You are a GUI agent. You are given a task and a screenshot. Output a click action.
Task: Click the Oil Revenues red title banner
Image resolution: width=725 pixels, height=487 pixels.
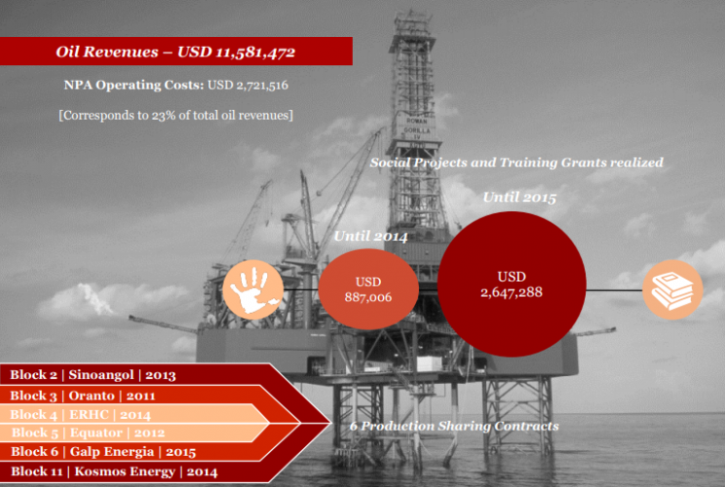(176, 52)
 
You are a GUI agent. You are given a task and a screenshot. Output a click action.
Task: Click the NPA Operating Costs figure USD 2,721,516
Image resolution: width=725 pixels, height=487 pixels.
(248, 86)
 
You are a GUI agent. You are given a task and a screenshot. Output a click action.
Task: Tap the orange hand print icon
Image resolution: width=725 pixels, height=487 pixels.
(253, 290)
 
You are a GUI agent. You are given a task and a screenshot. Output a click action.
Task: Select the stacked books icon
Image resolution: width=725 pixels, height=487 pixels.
(673, 290)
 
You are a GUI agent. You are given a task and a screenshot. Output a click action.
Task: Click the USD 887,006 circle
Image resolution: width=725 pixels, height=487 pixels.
(368, 289)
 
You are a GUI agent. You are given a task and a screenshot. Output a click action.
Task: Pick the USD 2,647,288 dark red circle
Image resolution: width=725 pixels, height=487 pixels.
(512, 284)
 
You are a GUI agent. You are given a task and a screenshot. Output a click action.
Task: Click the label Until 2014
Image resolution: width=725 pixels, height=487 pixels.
(371, 236)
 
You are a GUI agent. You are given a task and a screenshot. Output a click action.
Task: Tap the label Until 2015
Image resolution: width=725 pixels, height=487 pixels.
(519, 197)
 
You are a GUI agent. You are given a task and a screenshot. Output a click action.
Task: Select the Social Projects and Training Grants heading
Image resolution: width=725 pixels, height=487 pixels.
(516, 162)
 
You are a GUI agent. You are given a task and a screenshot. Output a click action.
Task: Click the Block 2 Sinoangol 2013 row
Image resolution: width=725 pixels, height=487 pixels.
(93, 374)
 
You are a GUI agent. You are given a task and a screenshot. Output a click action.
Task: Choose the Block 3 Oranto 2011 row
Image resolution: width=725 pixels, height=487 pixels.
(83, 396)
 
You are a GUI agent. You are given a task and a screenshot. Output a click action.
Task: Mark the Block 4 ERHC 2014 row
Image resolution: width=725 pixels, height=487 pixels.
(81, 414)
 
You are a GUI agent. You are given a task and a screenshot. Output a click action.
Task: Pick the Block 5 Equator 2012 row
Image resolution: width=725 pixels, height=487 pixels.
(87, 433)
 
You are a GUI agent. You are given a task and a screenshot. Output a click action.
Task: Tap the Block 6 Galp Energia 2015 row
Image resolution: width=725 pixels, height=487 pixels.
(103, 451)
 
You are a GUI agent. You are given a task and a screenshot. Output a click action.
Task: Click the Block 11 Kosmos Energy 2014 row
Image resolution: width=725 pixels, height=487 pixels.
(114, 471)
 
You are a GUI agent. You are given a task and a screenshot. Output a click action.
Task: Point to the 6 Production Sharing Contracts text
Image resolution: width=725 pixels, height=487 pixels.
(454, 426)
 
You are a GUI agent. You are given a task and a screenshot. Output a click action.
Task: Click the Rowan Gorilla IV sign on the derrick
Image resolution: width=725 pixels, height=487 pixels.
(417, 130)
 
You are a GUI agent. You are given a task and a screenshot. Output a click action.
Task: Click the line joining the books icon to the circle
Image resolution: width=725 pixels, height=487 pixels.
(614, 290)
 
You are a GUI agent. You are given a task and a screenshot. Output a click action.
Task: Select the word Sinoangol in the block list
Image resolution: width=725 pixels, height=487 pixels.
(101, 374)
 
